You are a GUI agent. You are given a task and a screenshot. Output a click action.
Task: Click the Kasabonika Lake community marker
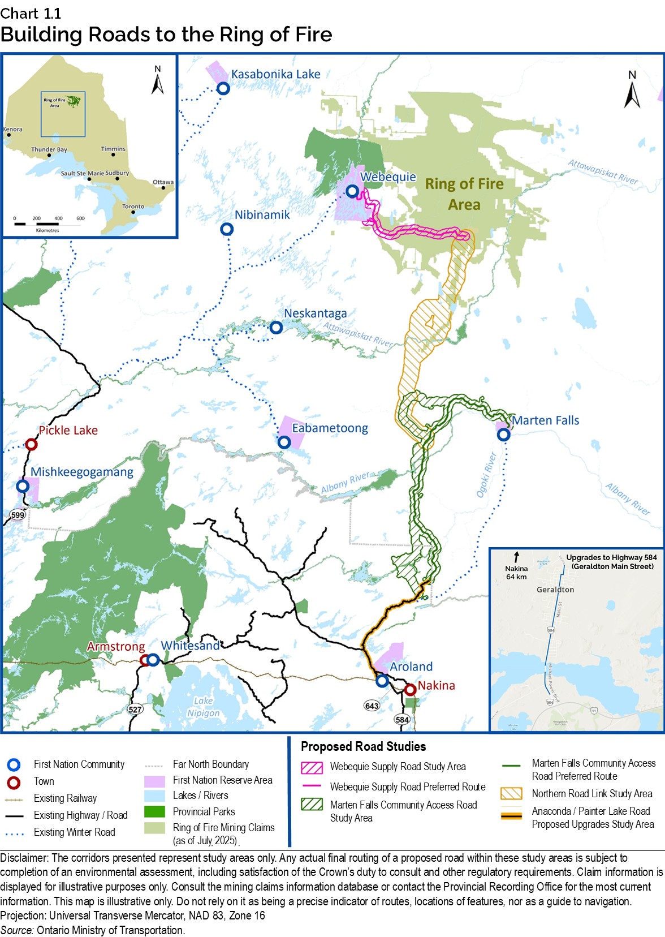pos(223,88)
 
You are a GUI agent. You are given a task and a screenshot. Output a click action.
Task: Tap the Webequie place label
pos(388,177)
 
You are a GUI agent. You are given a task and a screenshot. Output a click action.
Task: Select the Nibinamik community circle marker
pos(227,229)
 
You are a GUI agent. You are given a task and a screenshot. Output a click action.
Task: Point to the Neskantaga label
pos(315,313)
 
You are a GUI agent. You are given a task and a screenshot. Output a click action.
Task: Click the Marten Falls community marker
pos(503,435)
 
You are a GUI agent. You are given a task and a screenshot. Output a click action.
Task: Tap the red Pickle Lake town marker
pos(32,445)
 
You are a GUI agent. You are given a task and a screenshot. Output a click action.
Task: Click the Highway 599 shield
pos(18,514)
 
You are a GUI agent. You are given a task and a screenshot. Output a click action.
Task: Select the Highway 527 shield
pos(135,710)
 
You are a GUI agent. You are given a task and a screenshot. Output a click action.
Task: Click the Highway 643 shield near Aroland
pos(372,706)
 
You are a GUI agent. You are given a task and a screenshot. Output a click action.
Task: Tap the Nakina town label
pos(436,685)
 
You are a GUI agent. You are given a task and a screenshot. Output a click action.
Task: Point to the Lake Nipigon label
pos(204,707)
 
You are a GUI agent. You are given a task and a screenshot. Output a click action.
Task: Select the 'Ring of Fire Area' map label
pos(464,194)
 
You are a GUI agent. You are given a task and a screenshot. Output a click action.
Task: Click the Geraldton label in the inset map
pos(555,590)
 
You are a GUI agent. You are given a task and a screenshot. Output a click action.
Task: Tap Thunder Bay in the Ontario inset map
pos(49,150)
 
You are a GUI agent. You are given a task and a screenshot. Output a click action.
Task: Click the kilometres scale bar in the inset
pos(48,224)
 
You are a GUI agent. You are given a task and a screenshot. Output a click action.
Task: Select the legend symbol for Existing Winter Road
pos(14,833)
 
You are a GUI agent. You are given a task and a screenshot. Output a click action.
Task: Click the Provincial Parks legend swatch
pos(154,812)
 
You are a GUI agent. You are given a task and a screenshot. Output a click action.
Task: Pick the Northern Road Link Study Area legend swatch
pos(511,794)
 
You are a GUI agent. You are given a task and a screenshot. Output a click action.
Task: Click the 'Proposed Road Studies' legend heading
pos(363,746)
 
